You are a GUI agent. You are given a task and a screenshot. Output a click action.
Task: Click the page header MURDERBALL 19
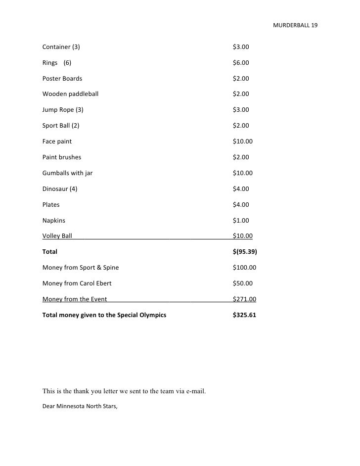(x=295, y=25)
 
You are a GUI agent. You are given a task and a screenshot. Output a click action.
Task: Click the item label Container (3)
(x=61, y=47)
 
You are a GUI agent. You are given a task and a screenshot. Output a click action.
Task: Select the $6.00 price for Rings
(x=241, y=63)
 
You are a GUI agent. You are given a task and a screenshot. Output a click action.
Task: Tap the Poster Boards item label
(x=62, y=79)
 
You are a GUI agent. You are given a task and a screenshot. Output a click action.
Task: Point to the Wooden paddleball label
(x=70, y=94)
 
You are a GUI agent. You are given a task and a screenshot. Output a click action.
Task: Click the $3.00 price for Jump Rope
(x=241, y=110)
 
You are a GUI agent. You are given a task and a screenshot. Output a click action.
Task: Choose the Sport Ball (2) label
(x=61, y=126)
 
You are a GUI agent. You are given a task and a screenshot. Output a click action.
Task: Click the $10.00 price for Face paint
(x=242, y=141)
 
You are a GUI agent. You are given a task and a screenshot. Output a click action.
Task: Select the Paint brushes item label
(x=62, y=157)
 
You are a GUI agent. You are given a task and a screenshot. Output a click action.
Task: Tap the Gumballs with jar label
(x=67, y=173)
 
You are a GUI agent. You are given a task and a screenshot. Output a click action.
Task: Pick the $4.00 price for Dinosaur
(x=241, y=189)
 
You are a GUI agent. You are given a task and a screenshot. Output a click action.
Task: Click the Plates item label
(x=51, y=205)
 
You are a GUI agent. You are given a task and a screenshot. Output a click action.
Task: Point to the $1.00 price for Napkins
(x=241, y=221)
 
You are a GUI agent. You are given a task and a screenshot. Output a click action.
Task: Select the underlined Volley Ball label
(x=57, y=236)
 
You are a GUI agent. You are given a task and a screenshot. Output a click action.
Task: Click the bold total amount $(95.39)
(x=245, y=252)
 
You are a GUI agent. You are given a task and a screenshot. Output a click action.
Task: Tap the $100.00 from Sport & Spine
(x=244, y=268)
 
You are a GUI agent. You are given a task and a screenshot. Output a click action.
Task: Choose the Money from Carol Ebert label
(x=77, y=283)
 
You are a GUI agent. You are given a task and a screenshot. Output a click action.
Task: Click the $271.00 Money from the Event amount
(x=244, y=299)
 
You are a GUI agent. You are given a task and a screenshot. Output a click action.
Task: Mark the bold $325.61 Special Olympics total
(x=244, y=315)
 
